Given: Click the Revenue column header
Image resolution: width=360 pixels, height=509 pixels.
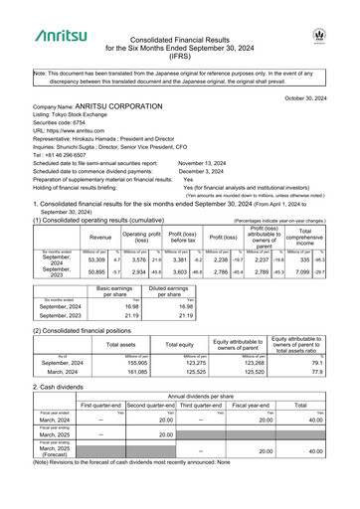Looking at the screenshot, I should (x=100, y=238).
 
